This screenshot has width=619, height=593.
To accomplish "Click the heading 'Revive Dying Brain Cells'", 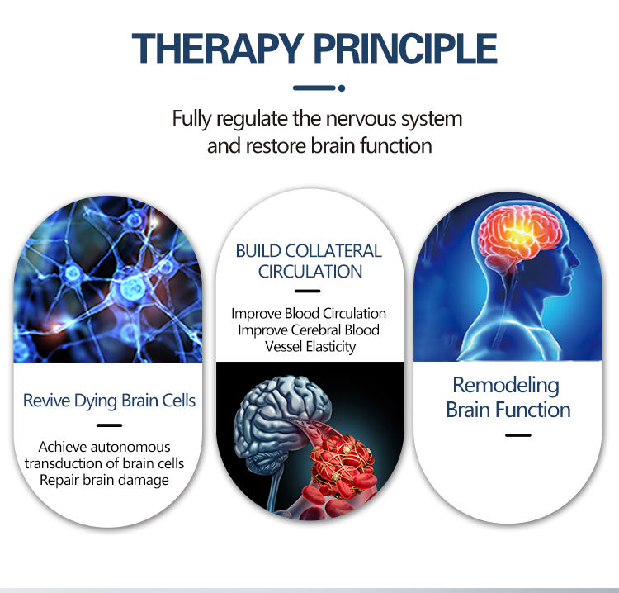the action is (110, 401).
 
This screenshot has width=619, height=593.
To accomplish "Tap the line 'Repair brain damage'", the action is (110, 479).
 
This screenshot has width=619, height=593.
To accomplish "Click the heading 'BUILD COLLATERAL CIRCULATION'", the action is (309, 260).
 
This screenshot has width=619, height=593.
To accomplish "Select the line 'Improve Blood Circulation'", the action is (309, 314).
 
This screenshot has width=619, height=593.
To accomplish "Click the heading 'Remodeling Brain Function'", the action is (508, 397).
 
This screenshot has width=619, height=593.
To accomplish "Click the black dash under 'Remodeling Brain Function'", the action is (517, 434).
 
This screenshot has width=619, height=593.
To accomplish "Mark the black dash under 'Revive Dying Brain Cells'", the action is (109, 425).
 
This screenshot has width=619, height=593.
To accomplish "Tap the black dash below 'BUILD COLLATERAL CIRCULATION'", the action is (308, 291).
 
